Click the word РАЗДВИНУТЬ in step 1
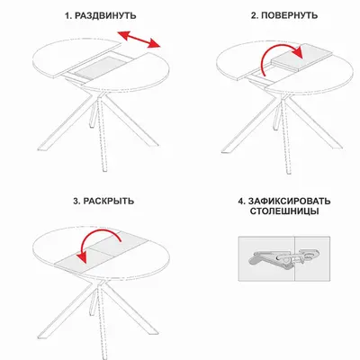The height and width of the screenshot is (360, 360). tap(105, 15)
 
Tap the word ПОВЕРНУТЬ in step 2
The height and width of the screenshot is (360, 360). tap(290, 15)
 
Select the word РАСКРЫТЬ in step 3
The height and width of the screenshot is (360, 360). tap(109, 201)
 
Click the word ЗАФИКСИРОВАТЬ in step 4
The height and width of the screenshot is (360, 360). tap(289, 201)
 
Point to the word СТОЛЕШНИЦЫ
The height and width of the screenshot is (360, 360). tap(284, 211)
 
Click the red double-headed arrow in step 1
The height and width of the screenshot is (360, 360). tap(139, 40)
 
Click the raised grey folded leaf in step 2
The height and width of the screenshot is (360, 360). tap(302, 58)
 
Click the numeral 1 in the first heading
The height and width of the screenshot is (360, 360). tap(68, 15)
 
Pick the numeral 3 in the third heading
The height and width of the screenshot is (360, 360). tap(76, 201)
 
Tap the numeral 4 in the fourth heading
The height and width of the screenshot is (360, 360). tap(241, 201)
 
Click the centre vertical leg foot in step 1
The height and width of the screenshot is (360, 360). tap(104, 168)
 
